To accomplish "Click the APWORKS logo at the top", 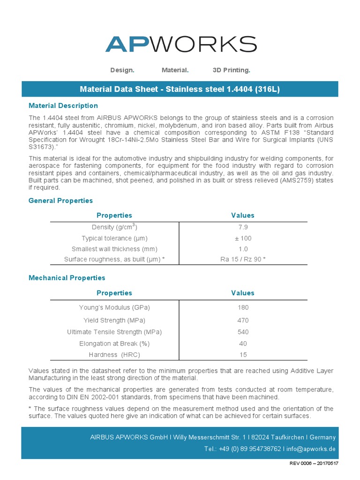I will pyautogui.click(x=180, y=44).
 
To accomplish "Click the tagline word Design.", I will pyautogui.click(x=122, y=70).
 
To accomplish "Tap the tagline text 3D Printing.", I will pyautogui.click(x=231, y=70).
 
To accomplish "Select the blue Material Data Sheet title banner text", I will pyautogui.click(x=180, y=89).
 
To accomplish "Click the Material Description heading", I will pyautogui.click(x=63, y=106).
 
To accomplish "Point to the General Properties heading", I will pyautogui.click(x=61, y=201).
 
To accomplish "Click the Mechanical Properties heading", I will pyautogui.click(x=67, y=278).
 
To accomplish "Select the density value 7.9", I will pyautogui.click(x=243, y=227).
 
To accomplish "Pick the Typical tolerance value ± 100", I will pyautogui.click(x=243, y=238).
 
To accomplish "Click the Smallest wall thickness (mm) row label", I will pyautogui.click(x=114, y=249).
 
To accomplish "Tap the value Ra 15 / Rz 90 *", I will pyautogui.click(x=243, y=259).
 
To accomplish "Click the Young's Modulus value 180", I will pyautogui.click(x=243, y=307).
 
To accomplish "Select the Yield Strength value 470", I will pyautogui.click(x=243, y=321).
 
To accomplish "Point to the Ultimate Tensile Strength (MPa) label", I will pyautogui.click(x=114, y=332).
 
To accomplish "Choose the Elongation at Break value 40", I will pyautogui.click(x=243, y=344).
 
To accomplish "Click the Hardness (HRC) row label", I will pyautogui.click(x=114, y=355).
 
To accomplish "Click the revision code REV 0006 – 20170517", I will pyautogui.click(x=314, y=463).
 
